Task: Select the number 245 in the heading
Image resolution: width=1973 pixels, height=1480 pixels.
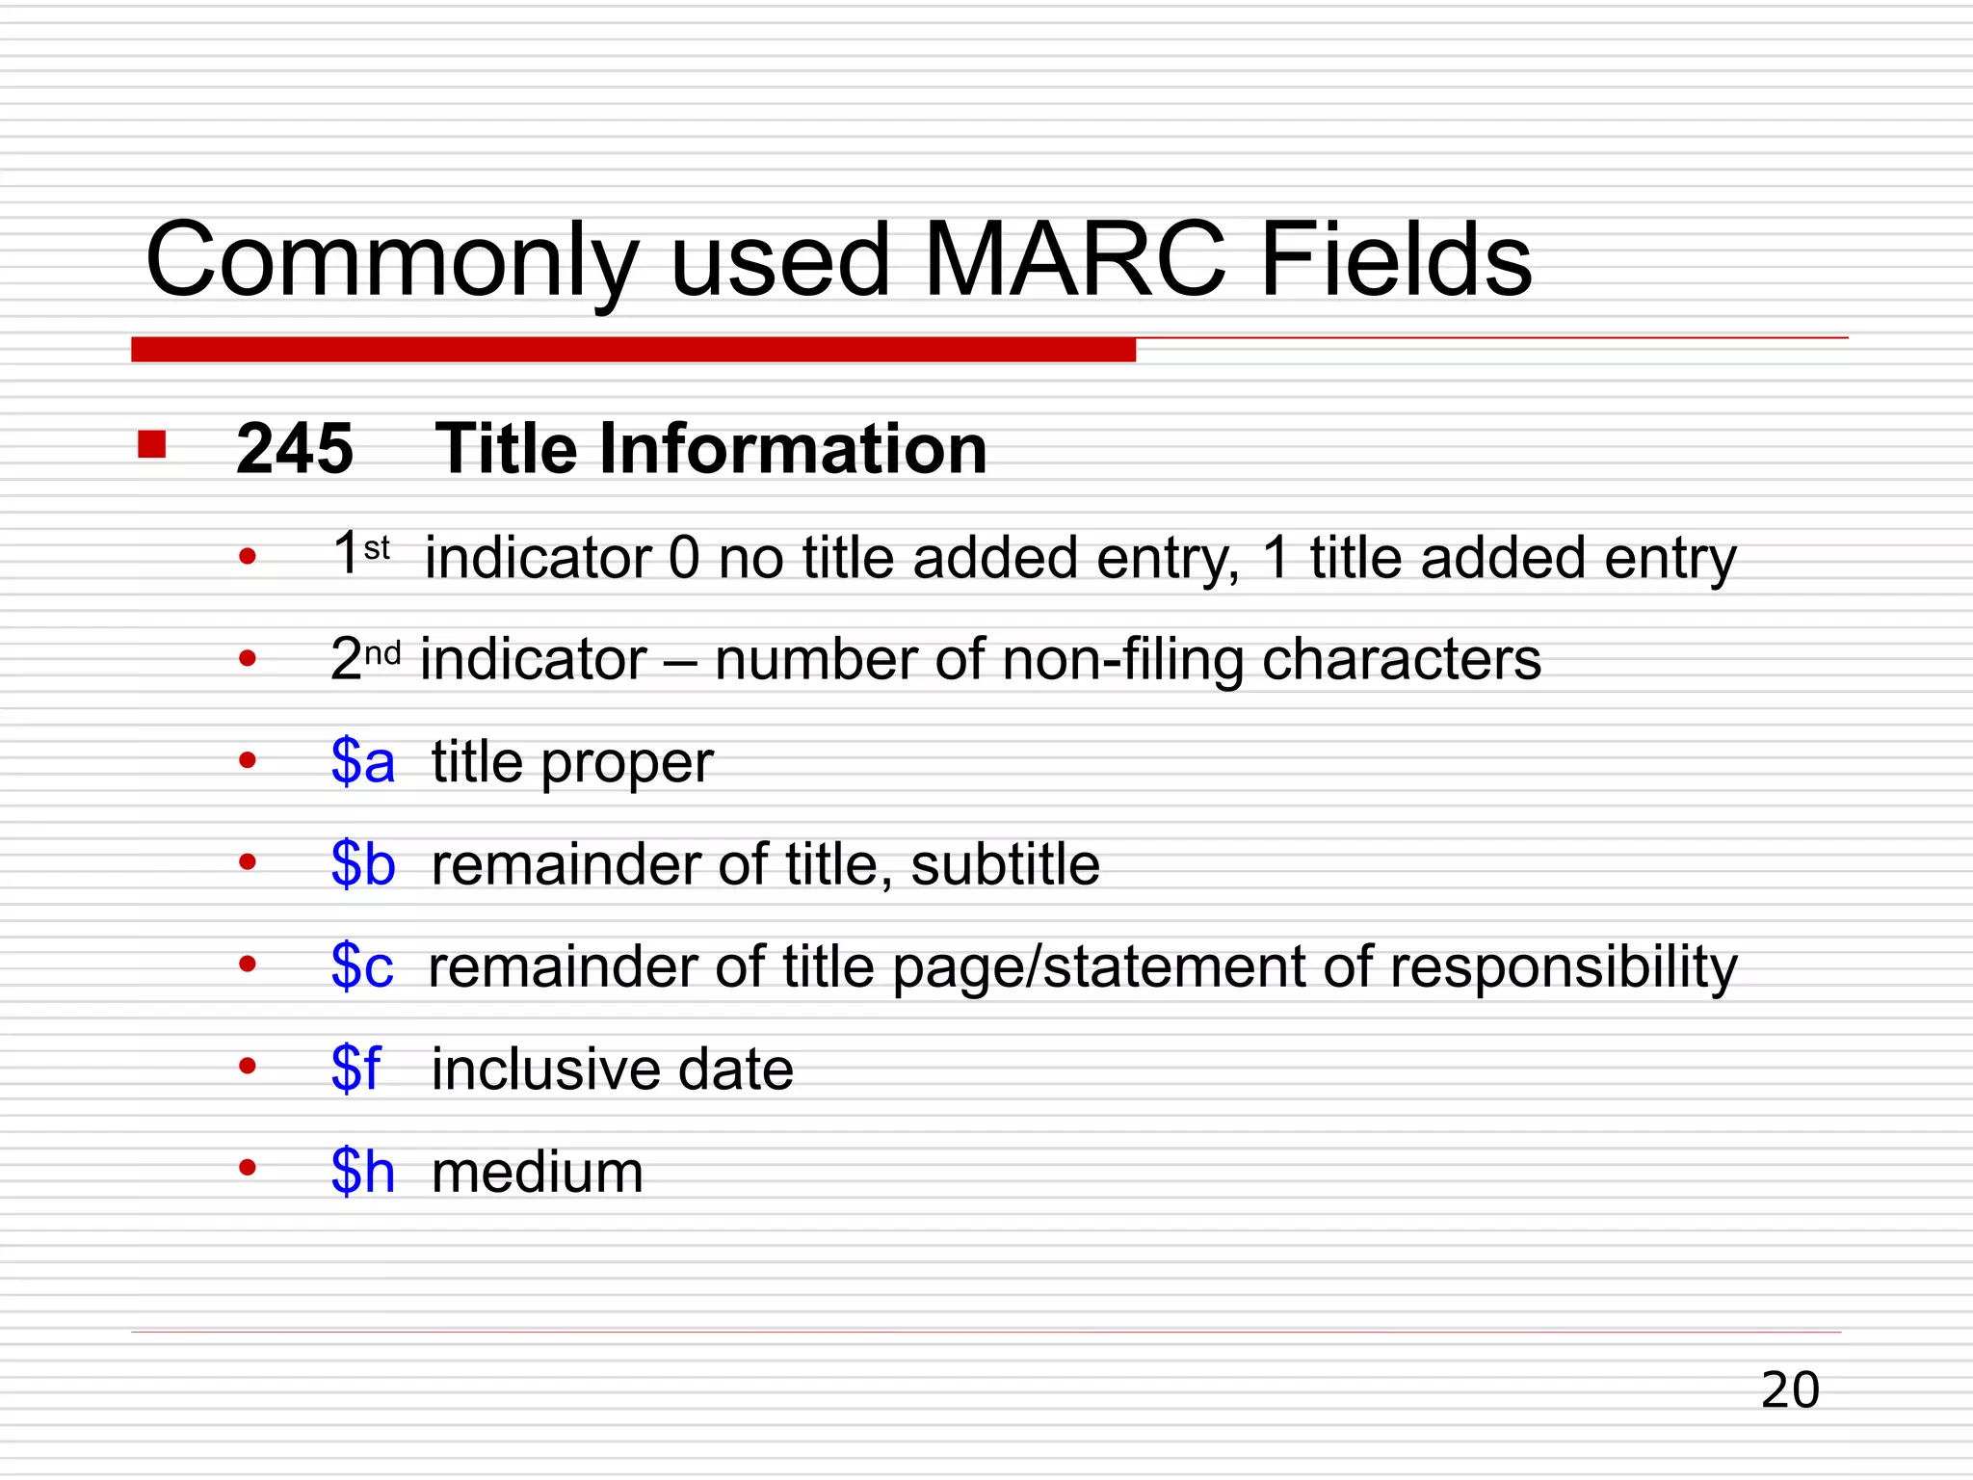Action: pyautogui.click(x=295, y=449)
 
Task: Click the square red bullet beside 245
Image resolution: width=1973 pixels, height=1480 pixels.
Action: pyautogui.click(x=152, y=444)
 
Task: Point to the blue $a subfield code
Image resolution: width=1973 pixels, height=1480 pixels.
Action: pyautogui.click(x=363, y=761)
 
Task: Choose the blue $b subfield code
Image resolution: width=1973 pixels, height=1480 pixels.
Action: pyautogui.click(x=363, y=863)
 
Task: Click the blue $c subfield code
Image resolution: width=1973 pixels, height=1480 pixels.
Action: pyautogui.click(x=362, y=965)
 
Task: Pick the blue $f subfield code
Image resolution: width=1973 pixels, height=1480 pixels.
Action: pyautogui.click(x=355, y=1069)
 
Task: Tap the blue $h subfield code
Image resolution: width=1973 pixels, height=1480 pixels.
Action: pyautogui.click(x=363, y=1172)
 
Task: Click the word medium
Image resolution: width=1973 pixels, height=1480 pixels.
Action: pyautogui.click(x=538, y=1173)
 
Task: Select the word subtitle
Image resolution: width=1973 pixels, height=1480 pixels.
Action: pyautogui.click(x=1005, y=863)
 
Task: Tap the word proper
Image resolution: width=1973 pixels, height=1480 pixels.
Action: pyautogui.click(x=627, y=764)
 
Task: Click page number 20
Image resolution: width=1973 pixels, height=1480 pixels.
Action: pyautogui.click(x=1790, y=1390)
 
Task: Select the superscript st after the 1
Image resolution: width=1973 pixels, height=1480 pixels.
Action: pyautogui.click(x=377, y=548)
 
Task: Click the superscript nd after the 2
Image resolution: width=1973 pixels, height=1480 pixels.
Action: pyautogui.click(x=382, y=653)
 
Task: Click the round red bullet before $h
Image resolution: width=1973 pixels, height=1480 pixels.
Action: pyautogui.click(x=248, y=1168)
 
